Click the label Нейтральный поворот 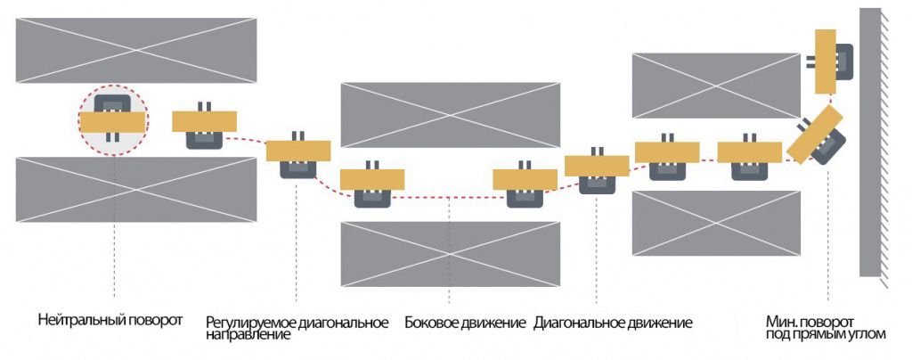click(x=110, y=320)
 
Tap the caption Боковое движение click(x=465, y=323)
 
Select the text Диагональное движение click(x=613, y=323)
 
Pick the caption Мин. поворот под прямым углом click(x=826, y=329)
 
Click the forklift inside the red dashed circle click(x=112, y=120)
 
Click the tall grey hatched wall click(x=870, y=142)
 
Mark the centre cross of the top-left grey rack click(x=136, y=51)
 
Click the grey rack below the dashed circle click(x=136, y=189)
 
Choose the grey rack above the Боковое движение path click(x=450, y=115)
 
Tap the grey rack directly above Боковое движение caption click(x=450, y=254)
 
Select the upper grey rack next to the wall click(x=716, y=85)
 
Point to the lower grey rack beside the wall click(x=716, y=223)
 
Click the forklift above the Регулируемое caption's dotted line click(x=298, y=156)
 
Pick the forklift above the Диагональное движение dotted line click(x=597, y=170)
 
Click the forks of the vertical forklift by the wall click(x=810, y=61)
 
